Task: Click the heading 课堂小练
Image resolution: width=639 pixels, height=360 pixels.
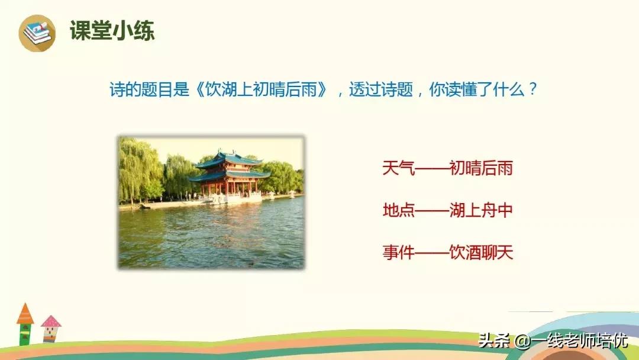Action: tap(112, 31)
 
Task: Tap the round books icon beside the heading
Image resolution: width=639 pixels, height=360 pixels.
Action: tap(37, 33)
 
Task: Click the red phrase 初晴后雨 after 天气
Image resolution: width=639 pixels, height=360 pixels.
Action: tap(480, 169)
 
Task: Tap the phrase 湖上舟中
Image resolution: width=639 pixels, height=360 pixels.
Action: tap(480, 211)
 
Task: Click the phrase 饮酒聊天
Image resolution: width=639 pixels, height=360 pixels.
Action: tap(480, 253)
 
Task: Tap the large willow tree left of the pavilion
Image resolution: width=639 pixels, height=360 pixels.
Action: tap(139, 169)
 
